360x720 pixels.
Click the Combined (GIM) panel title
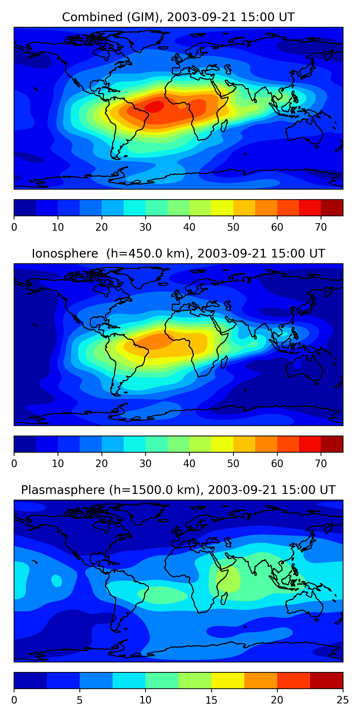(178, 17)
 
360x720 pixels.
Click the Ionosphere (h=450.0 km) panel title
(178, 253)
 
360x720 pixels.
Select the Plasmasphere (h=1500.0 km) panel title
(178, 490)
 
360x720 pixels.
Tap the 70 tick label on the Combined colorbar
(321, 227)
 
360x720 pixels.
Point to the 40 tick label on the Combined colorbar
(189, 227)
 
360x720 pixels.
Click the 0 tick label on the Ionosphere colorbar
(14, 464)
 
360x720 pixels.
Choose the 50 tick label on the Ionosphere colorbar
(233, 464)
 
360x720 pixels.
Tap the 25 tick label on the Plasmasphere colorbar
(342, 700)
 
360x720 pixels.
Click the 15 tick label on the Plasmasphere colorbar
(211, 700)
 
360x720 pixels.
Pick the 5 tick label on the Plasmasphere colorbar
(80, 700)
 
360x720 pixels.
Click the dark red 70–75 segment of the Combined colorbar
(332, 208)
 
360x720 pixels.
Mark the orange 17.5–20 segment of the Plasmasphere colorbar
(260, 681)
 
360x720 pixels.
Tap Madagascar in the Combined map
(224, 126)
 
